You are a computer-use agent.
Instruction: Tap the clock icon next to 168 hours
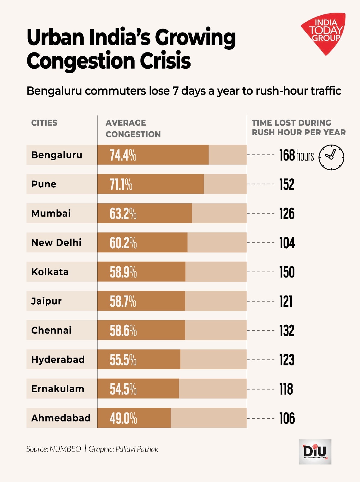(331, 157)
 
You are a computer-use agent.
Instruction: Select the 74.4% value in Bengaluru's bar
(123, 155)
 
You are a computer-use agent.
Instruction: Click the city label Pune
(44, 184)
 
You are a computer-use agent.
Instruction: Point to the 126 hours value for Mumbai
(287, 214)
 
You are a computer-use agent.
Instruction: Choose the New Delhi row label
(56, 243)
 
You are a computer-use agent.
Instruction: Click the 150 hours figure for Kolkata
(287, 272)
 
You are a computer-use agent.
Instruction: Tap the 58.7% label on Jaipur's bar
(123, 301)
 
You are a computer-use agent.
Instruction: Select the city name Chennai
(51, 330)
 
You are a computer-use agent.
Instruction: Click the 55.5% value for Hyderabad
(123, 360)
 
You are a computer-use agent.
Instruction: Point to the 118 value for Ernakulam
(286, 389)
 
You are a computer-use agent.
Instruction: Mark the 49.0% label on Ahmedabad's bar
(123, 418)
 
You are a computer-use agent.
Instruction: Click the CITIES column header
(44, 123)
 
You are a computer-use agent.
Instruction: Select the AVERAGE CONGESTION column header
(133, 129)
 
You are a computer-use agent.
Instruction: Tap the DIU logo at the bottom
(315, 452)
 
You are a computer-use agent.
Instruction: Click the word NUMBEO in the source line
(65, 449)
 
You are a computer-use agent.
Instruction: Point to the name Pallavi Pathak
(137, 449)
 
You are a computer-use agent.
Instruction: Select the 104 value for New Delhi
(287, 243)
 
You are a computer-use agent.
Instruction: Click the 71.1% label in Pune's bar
(121, 184)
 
